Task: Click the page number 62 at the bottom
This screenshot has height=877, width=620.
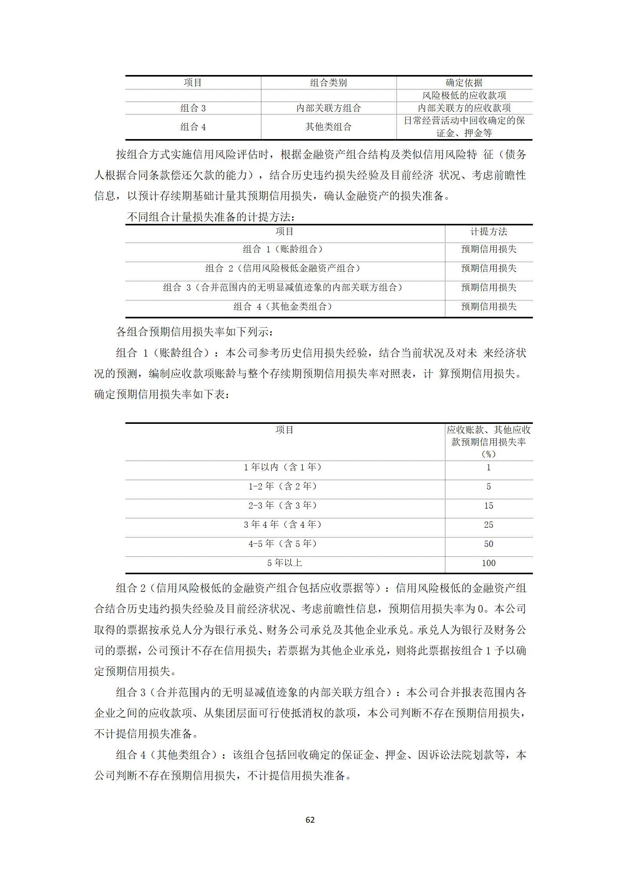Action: (310, 820)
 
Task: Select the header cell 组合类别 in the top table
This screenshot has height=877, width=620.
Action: (328, 83)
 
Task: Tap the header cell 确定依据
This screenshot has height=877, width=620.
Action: (464, 83)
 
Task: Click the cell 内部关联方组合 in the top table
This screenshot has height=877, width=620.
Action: (328, 108)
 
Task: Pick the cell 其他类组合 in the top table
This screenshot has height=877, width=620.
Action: (328, 127)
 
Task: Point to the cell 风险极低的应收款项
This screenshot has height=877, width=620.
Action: (464, 95)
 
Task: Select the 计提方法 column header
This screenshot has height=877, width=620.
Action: (488, 232)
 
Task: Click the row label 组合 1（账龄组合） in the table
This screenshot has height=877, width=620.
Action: (284, 249)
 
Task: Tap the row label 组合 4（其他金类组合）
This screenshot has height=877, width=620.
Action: (284, 307)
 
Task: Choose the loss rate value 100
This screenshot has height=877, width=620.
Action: (488, 563)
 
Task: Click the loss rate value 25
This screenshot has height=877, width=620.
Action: (488, 525)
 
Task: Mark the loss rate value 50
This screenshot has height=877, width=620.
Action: (488, 544)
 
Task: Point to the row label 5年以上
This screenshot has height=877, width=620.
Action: (284, 563)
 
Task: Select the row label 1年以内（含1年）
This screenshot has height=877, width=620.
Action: (284, 467)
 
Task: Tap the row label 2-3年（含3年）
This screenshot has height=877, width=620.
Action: (284, 505)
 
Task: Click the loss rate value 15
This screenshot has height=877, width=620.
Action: (488, 505)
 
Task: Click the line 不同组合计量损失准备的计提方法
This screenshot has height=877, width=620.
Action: (211, 217)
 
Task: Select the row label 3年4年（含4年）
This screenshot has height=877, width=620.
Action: (284, 525)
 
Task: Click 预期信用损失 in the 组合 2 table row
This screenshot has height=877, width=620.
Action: (488, 268)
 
